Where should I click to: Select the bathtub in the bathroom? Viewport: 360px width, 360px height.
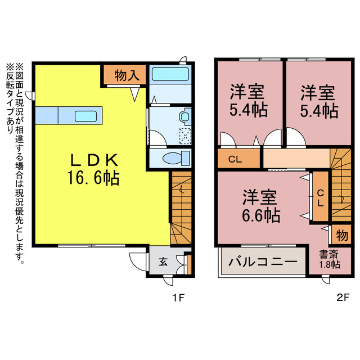point(170,74)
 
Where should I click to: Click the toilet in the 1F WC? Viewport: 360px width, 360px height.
point(173,157)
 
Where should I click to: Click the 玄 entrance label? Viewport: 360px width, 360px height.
point(161,262)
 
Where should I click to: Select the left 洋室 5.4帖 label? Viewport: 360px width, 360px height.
point(247,101)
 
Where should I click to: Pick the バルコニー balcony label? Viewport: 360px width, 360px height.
point(263,262)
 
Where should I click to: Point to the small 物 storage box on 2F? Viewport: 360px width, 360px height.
point(341,233)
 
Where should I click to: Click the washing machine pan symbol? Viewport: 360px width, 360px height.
point(184,135)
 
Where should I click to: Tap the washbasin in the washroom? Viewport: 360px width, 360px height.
point(184,116)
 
